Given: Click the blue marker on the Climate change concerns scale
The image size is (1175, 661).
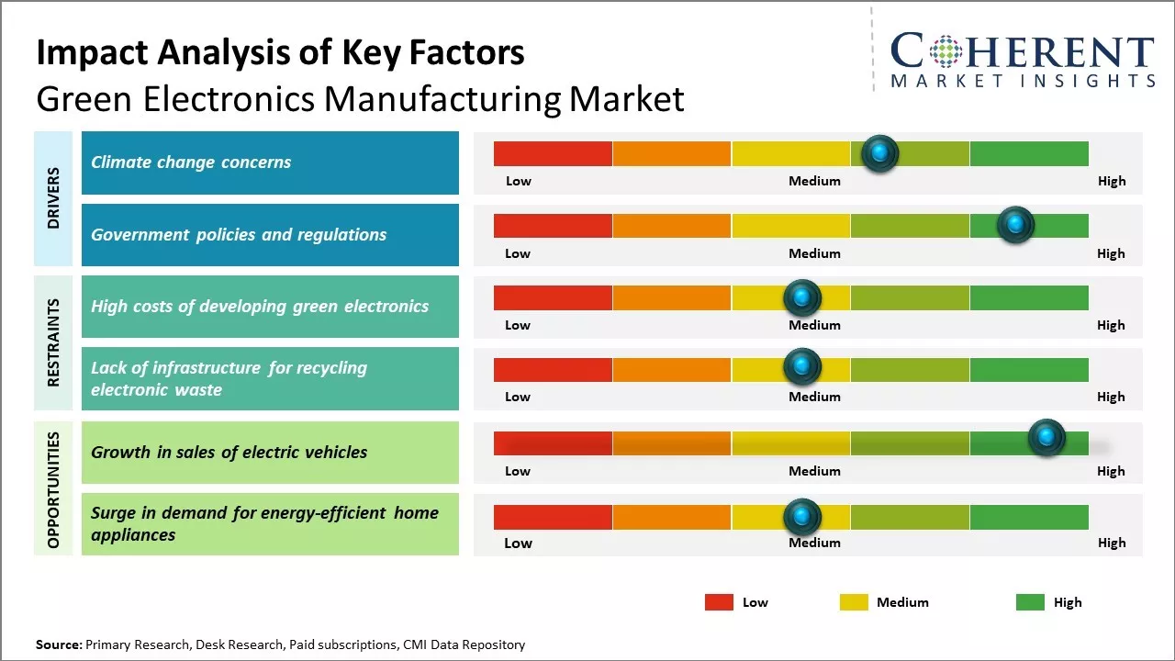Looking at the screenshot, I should click(x=880, y=153).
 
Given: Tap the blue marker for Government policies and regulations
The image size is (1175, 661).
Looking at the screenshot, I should click(x=1015, y=225).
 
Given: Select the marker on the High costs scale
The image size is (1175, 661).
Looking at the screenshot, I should click(x=802, y=297).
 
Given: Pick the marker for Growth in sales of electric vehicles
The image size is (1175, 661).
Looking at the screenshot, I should click(x=1046, y=437).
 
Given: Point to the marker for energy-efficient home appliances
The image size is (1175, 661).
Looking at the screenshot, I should click(x=802, y=517).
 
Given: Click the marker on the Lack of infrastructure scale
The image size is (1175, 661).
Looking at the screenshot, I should click(x=802, y=367).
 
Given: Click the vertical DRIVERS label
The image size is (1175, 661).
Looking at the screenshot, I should click(x=53, y=198).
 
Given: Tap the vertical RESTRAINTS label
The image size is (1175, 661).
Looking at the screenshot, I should click(x=53, y=342).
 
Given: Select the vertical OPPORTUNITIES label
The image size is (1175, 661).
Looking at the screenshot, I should click(x=53, y=489).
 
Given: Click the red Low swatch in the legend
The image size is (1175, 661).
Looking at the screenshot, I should click(x=719, y=602).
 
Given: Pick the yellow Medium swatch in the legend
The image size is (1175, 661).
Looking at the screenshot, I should click(x=854, y=602).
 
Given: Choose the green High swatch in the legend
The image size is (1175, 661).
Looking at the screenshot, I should click(x=1030, y=602).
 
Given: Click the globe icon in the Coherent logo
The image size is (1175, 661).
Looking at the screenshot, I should click(x=946, y=51).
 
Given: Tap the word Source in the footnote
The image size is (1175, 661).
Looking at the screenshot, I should click(x=58, y=645).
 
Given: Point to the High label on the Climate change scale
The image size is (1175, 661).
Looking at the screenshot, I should click(x=1112, y=181).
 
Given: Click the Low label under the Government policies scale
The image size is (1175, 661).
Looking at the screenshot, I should click(x=518, y=253).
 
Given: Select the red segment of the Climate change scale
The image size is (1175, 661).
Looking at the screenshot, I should click(x=553, y=153).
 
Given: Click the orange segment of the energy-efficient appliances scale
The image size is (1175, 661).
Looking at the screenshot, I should click(x=672, y=517).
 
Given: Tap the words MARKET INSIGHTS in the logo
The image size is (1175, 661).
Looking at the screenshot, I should click(x=1023, y=81).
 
